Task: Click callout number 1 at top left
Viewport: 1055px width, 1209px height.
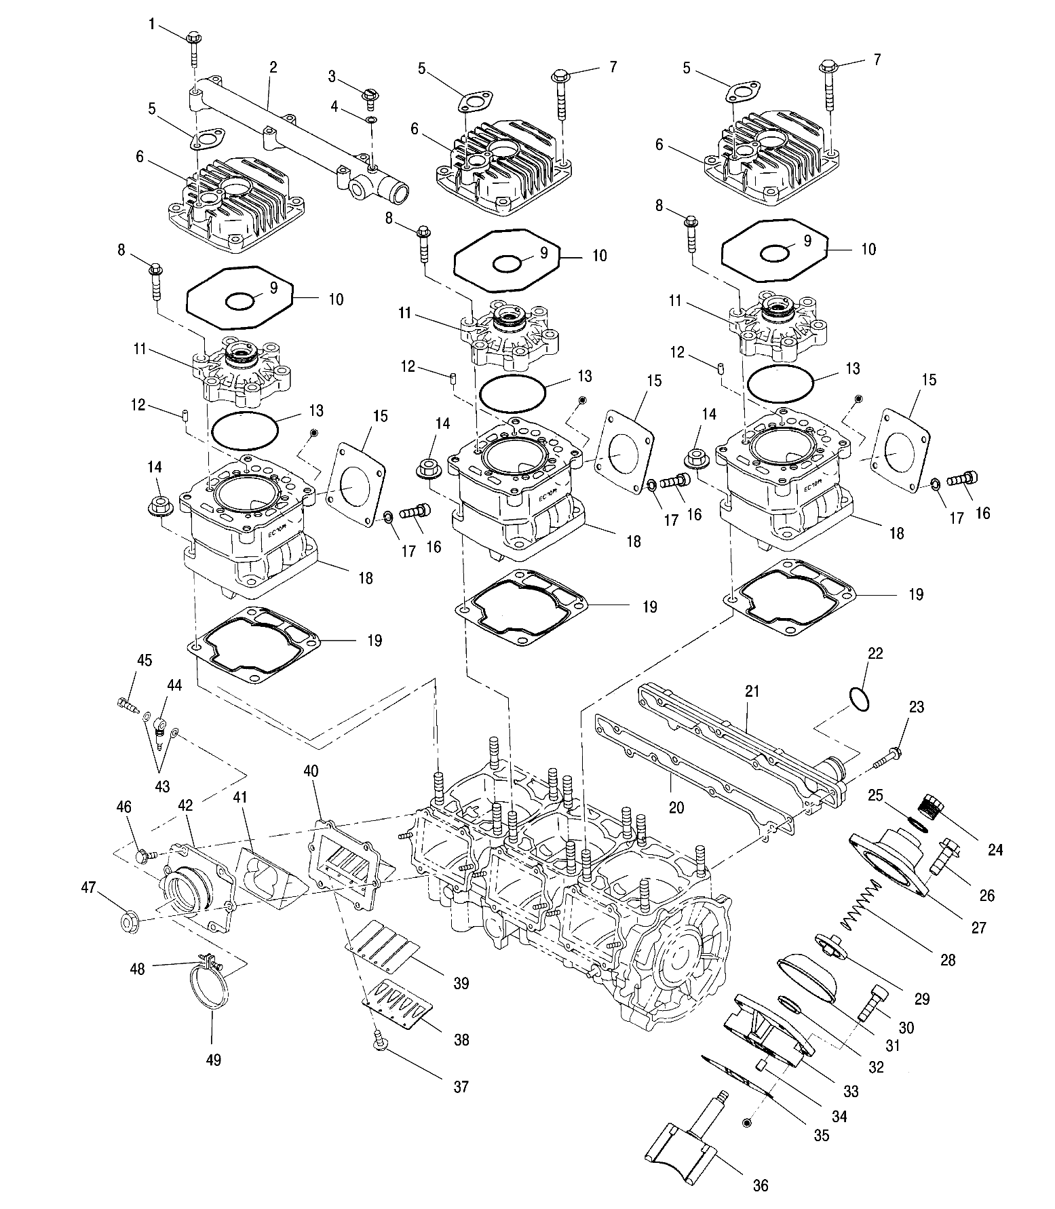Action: click(152, 24)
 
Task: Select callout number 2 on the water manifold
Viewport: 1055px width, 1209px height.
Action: click(273, 67)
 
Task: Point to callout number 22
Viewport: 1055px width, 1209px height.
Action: click(876, 653)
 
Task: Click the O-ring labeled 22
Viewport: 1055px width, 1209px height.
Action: click(858, 699)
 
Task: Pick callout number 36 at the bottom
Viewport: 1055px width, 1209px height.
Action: click(761, 1185)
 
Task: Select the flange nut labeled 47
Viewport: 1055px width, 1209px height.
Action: click(129, 924)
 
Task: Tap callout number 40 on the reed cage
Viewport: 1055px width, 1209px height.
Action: click(311, 771)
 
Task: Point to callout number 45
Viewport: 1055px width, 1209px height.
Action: click(145, 661)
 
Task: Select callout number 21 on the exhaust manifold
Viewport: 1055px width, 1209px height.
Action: click(752, 691)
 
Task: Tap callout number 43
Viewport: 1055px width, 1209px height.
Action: click(162, 787)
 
